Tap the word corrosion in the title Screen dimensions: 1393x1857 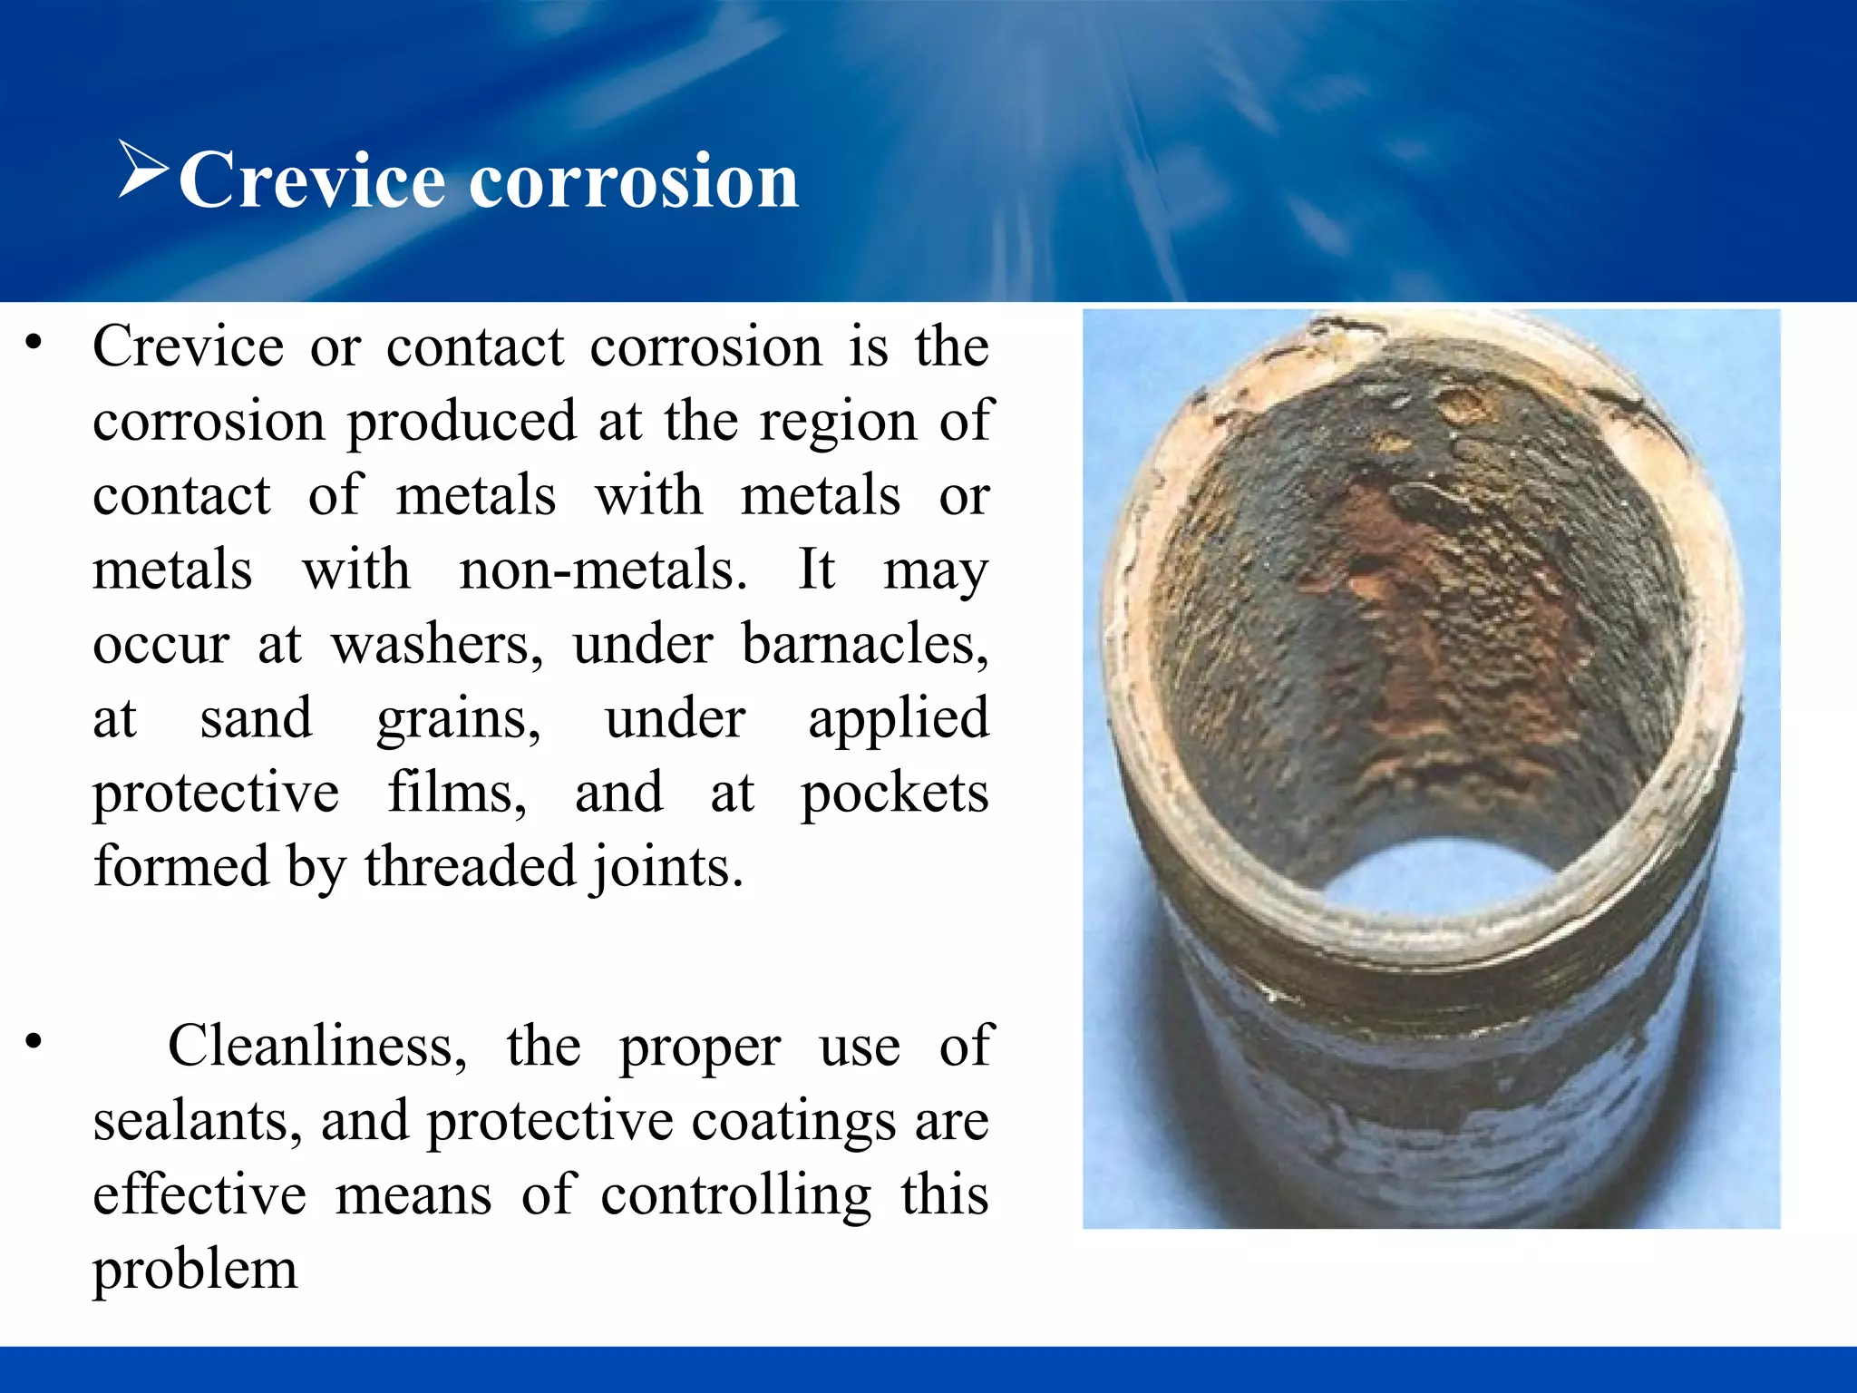coord(634,180)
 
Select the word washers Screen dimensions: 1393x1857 coord(436,645)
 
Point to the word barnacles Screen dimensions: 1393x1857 coord(865,645)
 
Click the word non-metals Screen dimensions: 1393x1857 coord(603,570)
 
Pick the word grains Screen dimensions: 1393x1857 coord(459,719)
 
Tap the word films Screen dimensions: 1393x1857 coord(457,794)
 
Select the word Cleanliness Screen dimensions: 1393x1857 coord(317,1046)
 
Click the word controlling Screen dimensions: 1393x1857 coord(735,1196)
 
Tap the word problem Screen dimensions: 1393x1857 coord(195,1271)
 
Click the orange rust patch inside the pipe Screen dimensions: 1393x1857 coord(1415,617)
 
